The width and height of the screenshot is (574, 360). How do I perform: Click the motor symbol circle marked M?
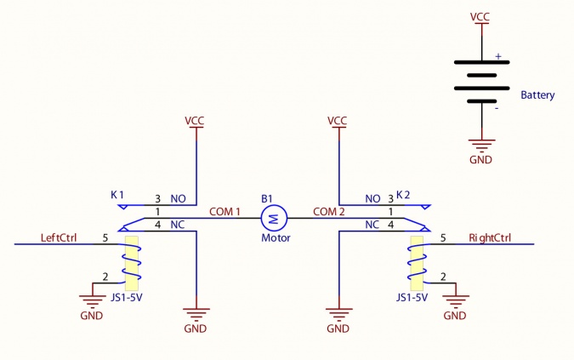point(274,220)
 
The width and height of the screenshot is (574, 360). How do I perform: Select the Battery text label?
point(537,95)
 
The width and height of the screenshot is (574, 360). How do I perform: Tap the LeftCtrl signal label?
point(59,237)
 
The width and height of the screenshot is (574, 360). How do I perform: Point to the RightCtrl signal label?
point(490,237)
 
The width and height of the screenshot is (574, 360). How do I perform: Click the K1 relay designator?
point(117,195)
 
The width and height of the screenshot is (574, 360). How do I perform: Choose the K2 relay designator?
point(403,195)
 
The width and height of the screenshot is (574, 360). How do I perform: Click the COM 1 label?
point(225,211)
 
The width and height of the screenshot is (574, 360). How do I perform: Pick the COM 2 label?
point(329,211)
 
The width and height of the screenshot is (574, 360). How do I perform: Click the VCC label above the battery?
point(481,17)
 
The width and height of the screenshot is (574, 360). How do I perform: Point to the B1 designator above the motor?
point(267,199)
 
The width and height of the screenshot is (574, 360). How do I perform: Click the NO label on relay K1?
point(178,198)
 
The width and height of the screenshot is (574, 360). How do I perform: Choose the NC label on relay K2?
point(372,225)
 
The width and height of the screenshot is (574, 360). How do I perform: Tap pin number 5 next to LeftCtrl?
point(105,237)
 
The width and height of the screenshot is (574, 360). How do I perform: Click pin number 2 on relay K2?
point(443,277)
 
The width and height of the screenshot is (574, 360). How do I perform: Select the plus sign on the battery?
point(498,57)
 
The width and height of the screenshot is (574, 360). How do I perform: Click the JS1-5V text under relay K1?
point(126,298)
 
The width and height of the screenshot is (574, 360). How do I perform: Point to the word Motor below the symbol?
point(276,238)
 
